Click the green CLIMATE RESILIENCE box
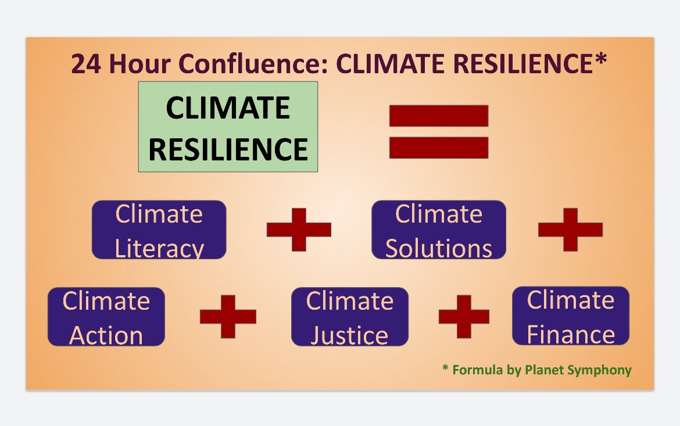pyautogui.click(x=228, y=127)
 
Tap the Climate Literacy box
pyautogui.click(x=159, y=230)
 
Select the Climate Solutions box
pyautogui.click(x=438, y=230)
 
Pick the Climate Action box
pyautogui.click(x=106, y=317)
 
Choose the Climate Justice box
pyautogui.click(x=349, y=317)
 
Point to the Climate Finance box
pyautogui.click(x=570, y=316)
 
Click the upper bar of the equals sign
pyautogui.click(x=438, y=116)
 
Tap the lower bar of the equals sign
pyautogui.click(x=438, y=148)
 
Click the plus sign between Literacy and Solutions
pyautogui.click(x=299, y=229)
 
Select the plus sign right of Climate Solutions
pyautogui.click(x=570, y=229)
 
